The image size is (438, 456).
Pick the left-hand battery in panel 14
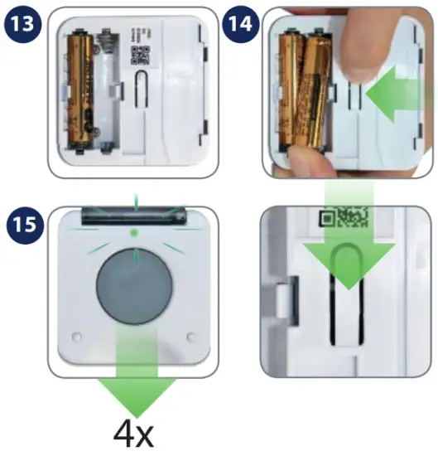(292, 91)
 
